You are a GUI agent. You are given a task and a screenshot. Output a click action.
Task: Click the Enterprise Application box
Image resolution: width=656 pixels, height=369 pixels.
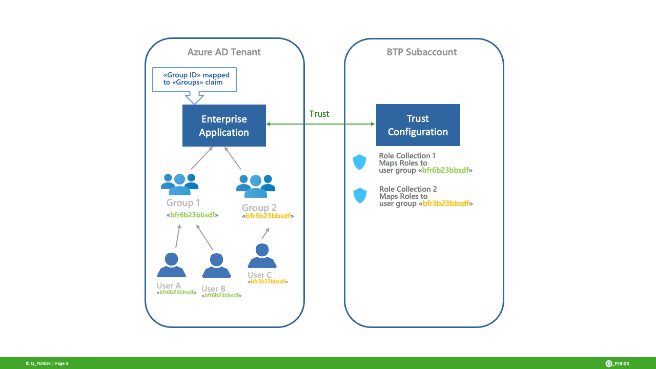click(x=224, y=126)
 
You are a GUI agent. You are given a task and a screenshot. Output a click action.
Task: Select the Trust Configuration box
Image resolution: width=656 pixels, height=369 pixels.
click(x=418, y=125)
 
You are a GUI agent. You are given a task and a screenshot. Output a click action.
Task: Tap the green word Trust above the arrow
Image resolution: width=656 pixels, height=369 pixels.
click(x=319, y=114)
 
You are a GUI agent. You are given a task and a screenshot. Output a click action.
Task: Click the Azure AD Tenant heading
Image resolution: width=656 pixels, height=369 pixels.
click(x=224, y=52)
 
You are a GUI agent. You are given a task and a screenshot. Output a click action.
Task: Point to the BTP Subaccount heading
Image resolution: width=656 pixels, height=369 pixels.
click(x=422, y=52)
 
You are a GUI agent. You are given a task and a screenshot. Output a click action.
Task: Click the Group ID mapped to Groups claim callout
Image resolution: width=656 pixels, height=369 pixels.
click(x=195, y=79)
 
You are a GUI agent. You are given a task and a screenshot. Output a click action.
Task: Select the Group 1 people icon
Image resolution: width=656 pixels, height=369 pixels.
click(x=179, y=184)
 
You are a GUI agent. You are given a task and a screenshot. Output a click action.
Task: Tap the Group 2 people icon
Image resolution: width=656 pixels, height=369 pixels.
click(x=255, y=186)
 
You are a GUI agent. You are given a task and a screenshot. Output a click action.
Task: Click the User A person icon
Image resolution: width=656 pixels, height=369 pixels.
click(x=171, y=265)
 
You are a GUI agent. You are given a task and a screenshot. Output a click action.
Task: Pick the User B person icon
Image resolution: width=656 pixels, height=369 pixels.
click(x=216, y=266)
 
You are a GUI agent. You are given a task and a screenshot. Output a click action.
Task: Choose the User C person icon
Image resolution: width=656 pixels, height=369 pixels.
click(x=262, y=256)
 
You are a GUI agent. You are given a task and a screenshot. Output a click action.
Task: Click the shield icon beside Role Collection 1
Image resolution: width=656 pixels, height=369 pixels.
click(x=360, y=162)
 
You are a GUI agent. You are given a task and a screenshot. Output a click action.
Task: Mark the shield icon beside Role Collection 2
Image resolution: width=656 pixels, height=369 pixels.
click(x=360, y=195)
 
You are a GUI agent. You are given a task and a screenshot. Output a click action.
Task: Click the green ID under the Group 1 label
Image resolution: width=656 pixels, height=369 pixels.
click(x=192, y=215)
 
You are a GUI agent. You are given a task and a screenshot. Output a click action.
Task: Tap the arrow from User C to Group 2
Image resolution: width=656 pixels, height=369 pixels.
click(x=265, y=234)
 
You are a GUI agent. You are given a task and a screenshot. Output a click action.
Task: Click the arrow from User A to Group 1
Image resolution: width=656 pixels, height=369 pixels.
click(x=178, y=236)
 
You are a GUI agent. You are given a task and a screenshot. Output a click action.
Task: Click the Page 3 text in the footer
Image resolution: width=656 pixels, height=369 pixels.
click(x=61, y=363)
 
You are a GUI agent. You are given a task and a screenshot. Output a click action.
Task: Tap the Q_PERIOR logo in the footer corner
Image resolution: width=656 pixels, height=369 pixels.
click(x=617, y=363)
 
